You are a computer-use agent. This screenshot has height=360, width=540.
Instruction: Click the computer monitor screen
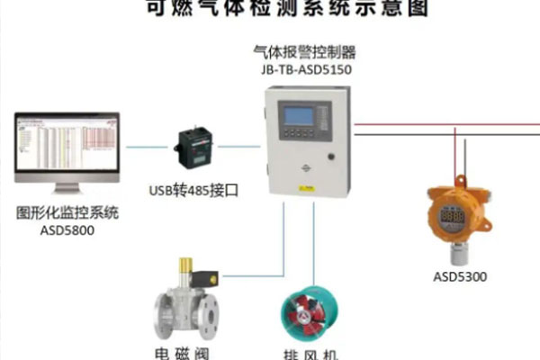67,148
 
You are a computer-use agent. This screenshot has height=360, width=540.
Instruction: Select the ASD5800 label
67,231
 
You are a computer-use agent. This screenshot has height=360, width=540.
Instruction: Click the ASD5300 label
459,276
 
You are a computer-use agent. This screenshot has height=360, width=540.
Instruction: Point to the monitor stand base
68,191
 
